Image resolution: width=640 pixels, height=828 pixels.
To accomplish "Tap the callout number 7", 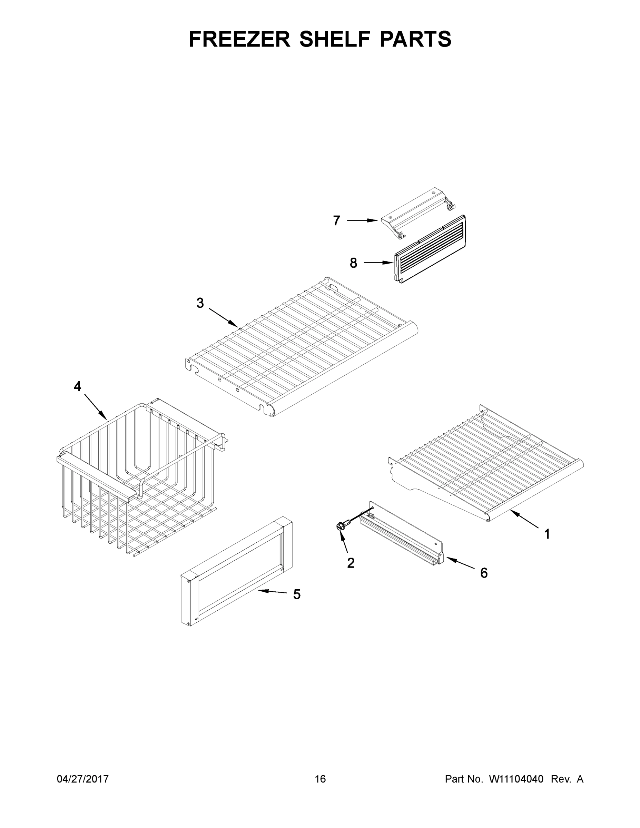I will tap(336, 221).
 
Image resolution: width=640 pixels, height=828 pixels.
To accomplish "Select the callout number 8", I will tap(353, 263).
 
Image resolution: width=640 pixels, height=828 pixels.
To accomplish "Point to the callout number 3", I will tap(200, 303).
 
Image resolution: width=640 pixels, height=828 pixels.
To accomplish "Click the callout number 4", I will tap(77, 386).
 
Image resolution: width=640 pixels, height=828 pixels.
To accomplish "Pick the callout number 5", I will tap(296, 594).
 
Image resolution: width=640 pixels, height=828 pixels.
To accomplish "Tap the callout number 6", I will tap(484, 573).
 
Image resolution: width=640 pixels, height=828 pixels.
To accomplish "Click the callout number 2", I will tap(351, 563).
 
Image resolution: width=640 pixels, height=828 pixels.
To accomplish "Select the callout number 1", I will tap(547, 534).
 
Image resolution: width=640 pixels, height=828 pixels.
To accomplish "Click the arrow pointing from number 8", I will tap(378, 262).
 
